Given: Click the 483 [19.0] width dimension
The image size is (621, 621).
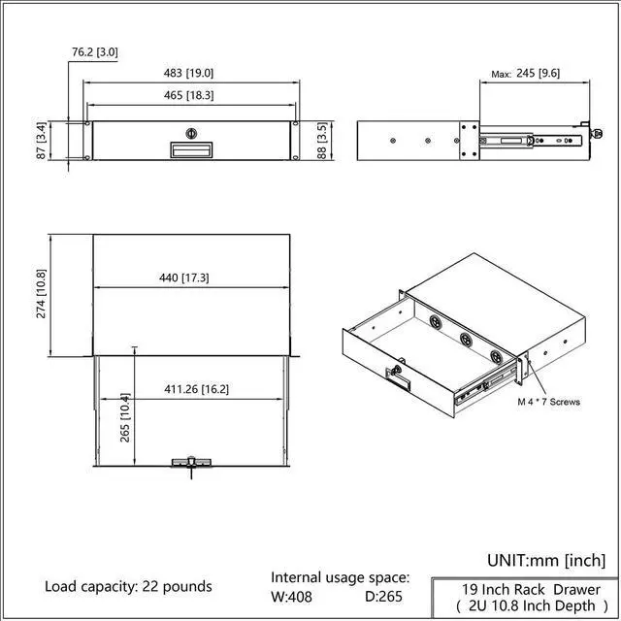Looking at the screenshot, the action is coord(188,74).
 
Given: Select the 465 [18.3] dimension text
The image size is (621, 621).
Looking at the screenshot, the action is coord(188,95).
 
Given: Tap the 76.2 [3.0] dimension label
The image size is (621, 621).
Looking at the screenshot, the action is coord(95,52).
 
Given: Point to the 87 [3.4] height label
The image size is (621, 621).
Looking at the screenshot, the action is coord(41,141).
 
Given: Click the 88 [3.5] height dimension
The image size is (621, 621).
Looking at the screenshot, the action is coord(322,141).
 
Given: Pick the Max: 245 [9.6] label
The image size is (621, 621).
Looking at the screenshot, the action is coord(525,74).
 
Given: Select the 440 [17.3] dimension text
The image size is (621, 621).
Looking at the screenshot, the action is coord(183,278).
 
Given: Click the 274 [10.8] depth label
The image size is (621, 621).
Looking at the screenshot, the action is coord(41,294).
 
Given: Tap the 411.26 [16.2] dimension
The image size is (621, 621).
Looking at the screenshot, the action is coord(196,389).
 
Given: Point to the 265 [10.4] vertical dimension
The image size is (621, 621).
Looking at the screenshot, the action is coord(125,417).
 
